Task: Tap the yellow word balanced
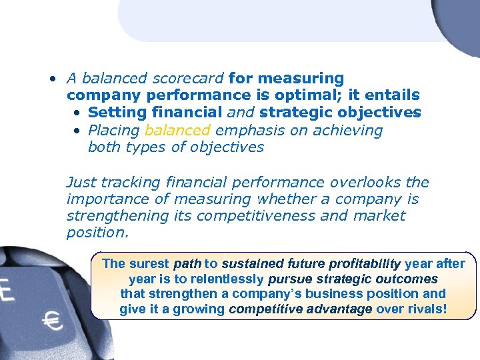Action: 177,130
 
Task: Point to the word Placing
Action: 113,130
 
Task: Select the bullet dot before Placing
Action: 77,131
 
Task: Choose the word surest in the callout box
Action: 149,263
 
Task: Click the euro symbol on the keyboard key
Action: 52,323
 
